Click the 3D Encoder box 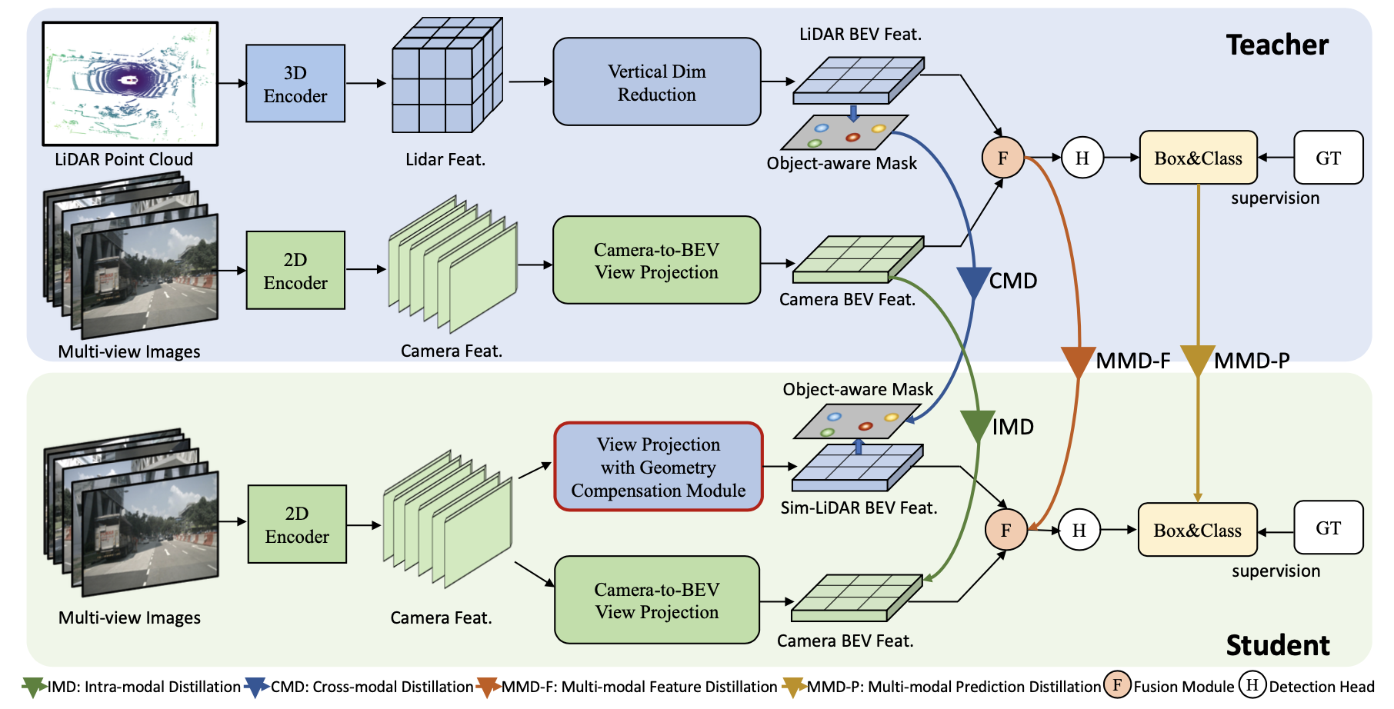pos(295,84)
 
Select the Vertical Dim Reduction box pos(657,82)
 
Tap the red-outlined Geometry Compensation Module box pos(659,467)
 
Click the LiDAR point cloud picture pos(130,84)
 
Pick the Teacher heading pos(1277,45)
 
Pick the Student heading pos(1277,645)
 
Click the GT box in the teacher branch pos(1328,158)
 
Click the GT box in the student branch pos(1328,528)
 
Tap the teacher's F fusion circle pos(1002,158)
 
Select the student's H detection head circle pos(1079,530)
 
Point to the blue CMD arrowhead pos(973,282)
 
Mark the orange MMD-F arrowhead pos(1078,361)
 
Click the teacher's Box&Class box pos(1198,158)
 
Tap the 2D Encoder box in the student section pos(297,524)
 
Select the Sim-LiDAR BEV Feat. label pos(859,508)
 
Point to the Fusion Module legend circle pos(1117,685)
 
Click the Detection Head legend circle pos(1252,685)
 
